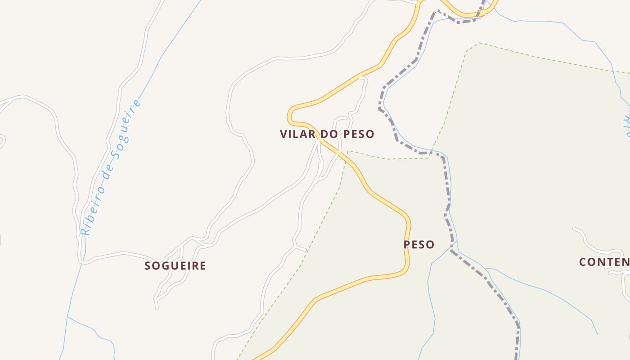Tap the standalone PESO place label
[x=418, y=245]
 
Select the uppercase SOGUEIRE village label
[x=175, y=266]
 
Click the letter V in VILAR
[x=283, y=134]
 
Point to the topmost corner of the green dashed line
[x=479, y=43]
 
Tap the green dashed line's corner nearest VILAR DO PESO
[x=348, y=151]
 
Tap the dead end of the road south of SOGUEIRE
[x=157, y=308]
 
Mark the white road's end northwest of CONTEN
[x=574, y=229]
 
